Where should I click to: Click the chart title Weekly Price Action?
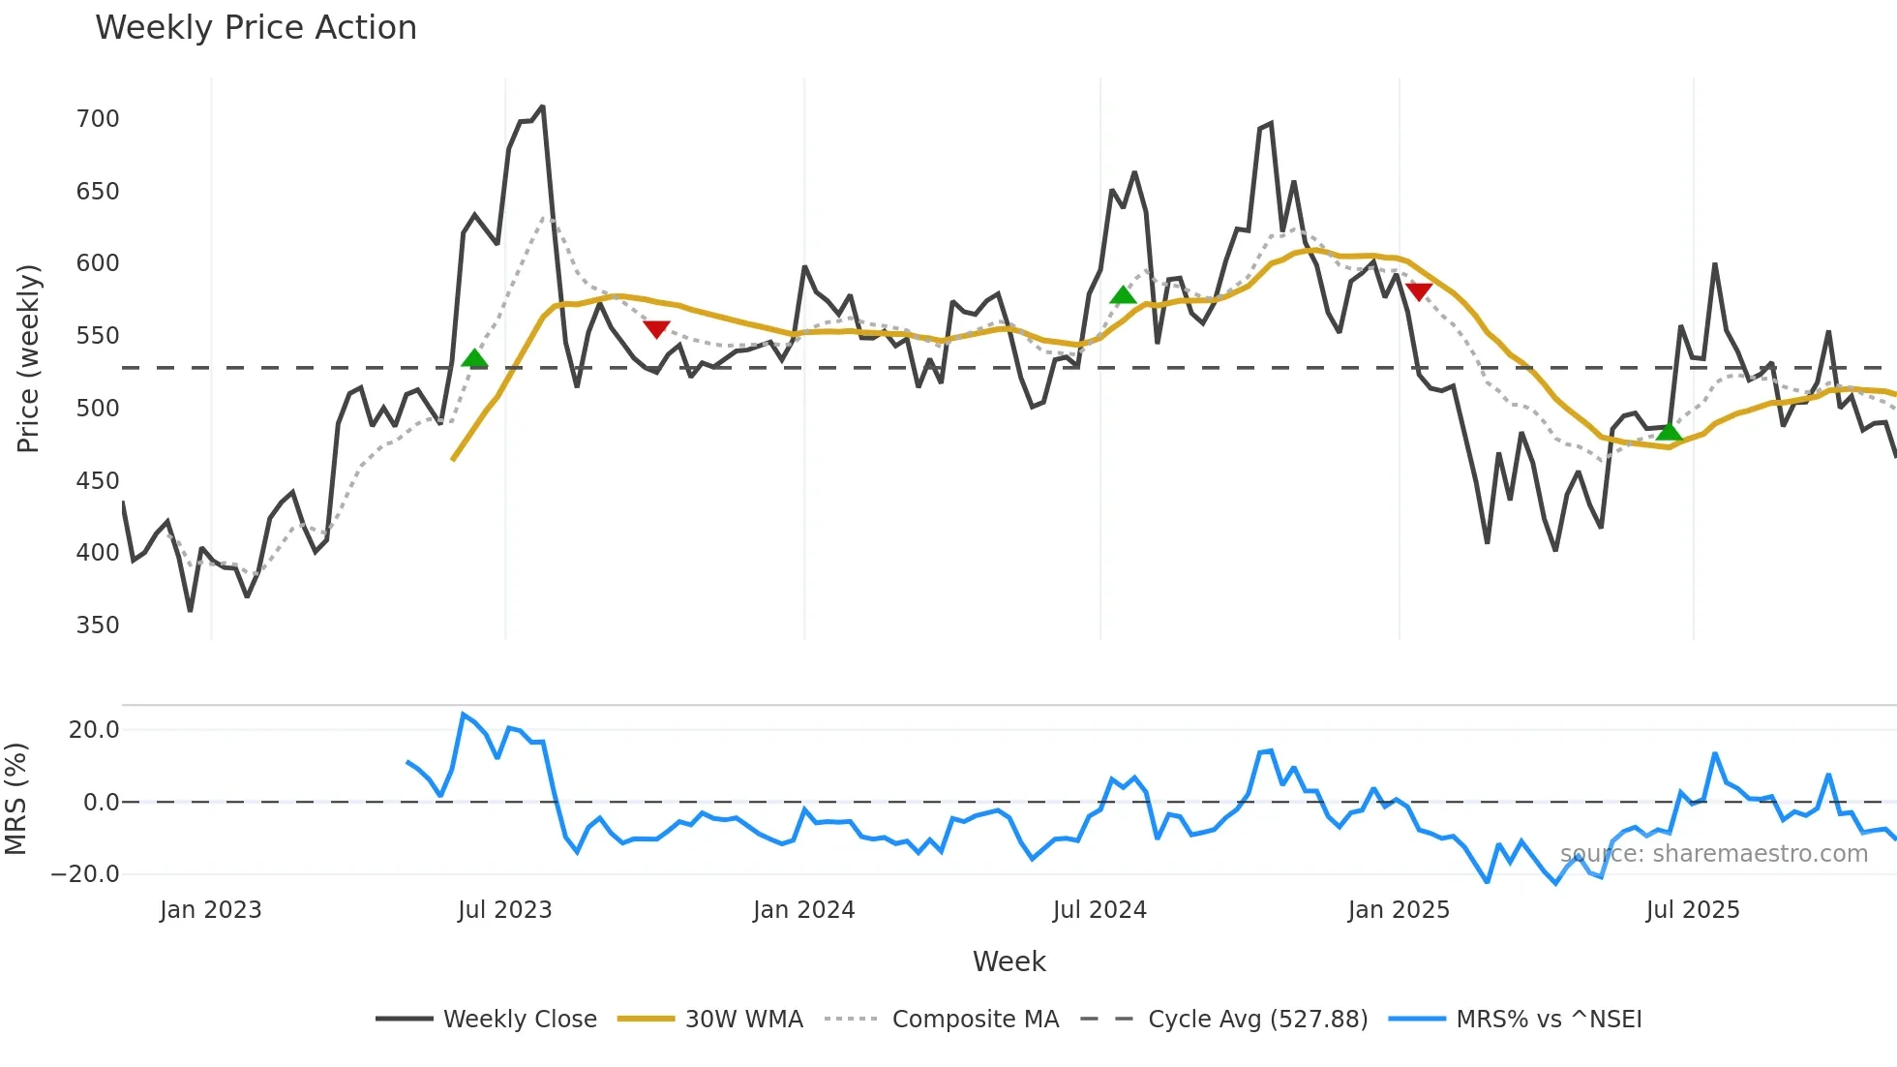tap(256, 28)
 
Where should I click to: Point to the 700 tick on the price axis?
tap(98, 119)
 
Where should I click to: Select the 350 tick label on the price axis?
tap(98, 625)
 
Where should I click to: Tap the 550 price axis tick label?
tap(98, 336)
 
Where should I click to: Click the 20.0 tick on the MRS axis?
tap(94, 730)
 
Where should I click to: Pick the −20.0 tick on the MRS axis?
tap(85, 874)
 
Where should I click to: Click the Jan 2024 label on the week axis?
tap(803, 910)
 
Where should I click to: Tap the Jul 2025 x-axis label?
tap(1693, 910)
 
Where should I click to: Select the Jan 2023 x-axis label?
tap(210, 910)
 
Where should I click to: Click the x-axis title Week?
tap(1009, 961)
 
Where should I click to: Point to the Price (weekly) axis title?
tap(28, 358)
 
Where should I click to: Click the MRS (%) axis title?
tap(16, 799)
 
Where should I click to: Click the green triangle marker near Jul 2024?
tap(1123, 295)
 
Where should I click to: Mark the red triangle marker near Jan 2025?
tap(1418, 291)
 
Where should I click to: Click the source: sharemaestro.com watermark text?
tap(1713, 854)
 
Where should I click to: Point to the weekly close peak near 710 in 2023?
tap(542, 107)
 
